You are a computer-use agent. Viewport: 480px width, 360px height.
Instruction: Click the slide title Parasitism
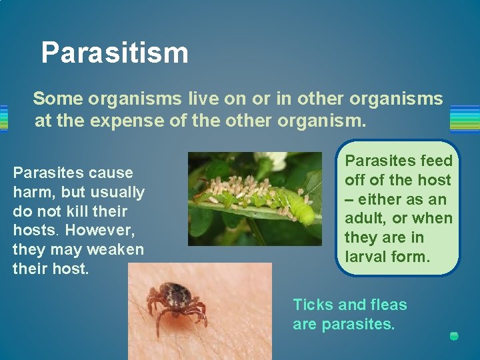tap(114, 53)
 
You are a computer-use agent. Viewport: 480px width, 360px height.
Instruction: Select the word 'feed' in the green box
tap(437, 161)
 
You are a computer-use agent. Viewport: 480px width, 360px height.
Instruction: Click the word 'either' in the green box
tap(378, 199)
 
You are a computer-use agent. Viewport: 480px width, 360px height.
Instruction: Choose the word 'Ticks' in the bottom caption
tap(313, 305)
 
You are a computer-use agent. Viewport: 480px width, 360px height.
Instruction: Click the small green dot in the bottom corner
tap(454, 336)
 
